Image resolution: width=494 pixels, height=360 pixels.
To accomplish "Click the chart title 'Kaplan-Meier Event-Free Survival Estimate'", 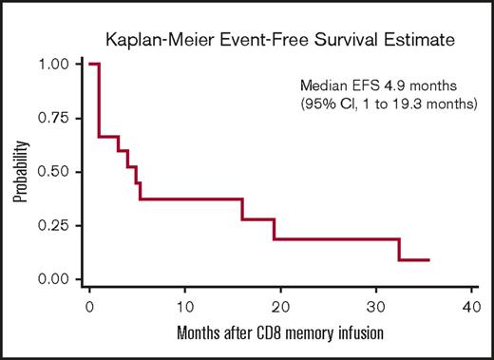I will tap(254, 40).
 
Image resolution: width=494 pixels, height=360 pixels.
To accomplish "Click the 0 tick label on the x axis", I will tap(88, 305).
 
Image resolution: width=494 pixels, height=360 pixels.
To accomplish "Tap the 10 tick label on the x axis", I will tap(184, 305).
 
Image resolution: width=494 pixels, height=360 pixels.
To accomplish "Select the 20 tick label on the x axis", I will tap(280, 305).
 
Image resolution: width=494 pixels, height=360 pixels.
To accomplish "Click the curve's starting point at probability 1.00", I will tap(90, 65).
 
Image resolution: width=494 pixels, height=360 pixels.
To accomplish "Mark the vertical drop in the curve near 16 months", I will tap(242, 209).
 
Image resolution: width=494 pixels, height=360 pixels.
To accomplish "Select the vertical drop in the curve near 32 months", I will tap(399, 249).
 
